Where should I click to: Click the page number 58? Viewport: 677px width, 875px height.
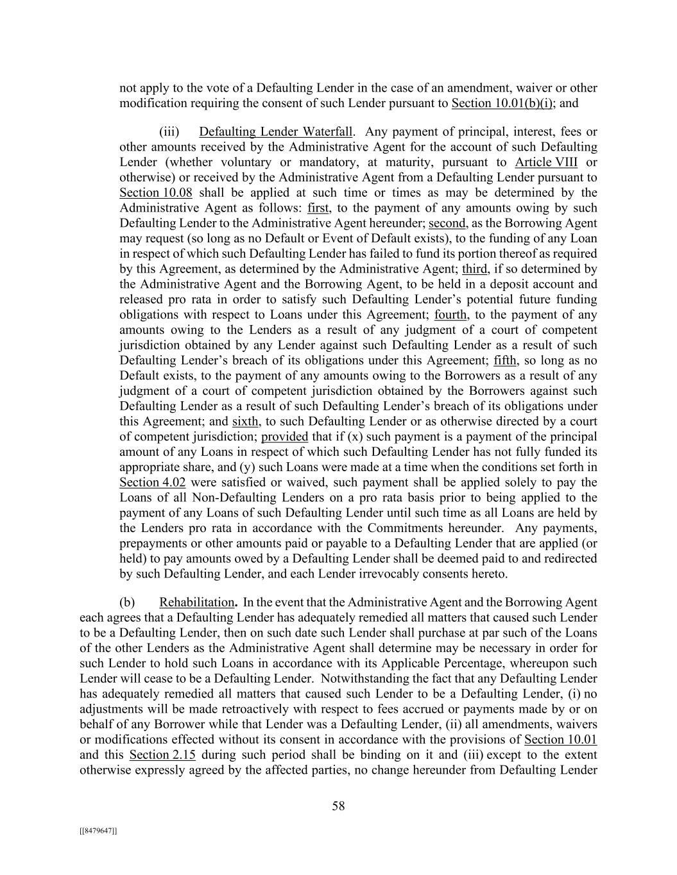click(338, 806)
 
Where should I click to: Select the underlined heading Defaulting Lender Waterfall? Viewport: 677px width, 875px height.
click(275, 132)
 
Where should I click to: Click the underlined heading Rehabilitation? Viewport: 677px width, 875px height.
click(197, 603)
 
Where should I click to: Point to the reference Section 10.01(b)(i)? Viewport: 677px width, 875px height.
click(502, 103)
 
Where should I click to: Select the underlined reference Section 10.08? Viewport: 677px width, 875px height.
click(156, 193)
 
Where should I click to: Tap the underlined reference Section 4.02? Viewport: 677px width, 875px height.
click(152, 483)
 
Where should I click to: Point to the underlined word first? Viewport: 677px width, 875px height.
click(318, 208)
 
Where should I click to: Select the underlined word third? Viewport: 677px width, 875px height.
click(474, 269)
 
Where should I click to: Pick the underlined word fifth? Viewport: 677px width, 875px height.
click(505, 360)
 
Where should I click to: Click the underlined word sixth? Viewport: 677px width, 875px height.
click(245, 422)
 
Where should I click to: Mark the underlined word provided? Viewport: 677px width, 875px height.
click(284, 437)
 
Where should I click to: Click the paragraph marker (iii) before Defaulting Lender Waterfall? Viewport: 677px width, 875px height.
click(169, 132)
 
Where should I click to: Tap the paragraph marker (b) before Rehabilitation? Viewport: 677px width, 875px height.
click(127, 603)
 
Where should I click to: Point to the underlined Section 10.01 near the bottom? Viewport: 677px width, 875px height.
click(560, 740)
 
